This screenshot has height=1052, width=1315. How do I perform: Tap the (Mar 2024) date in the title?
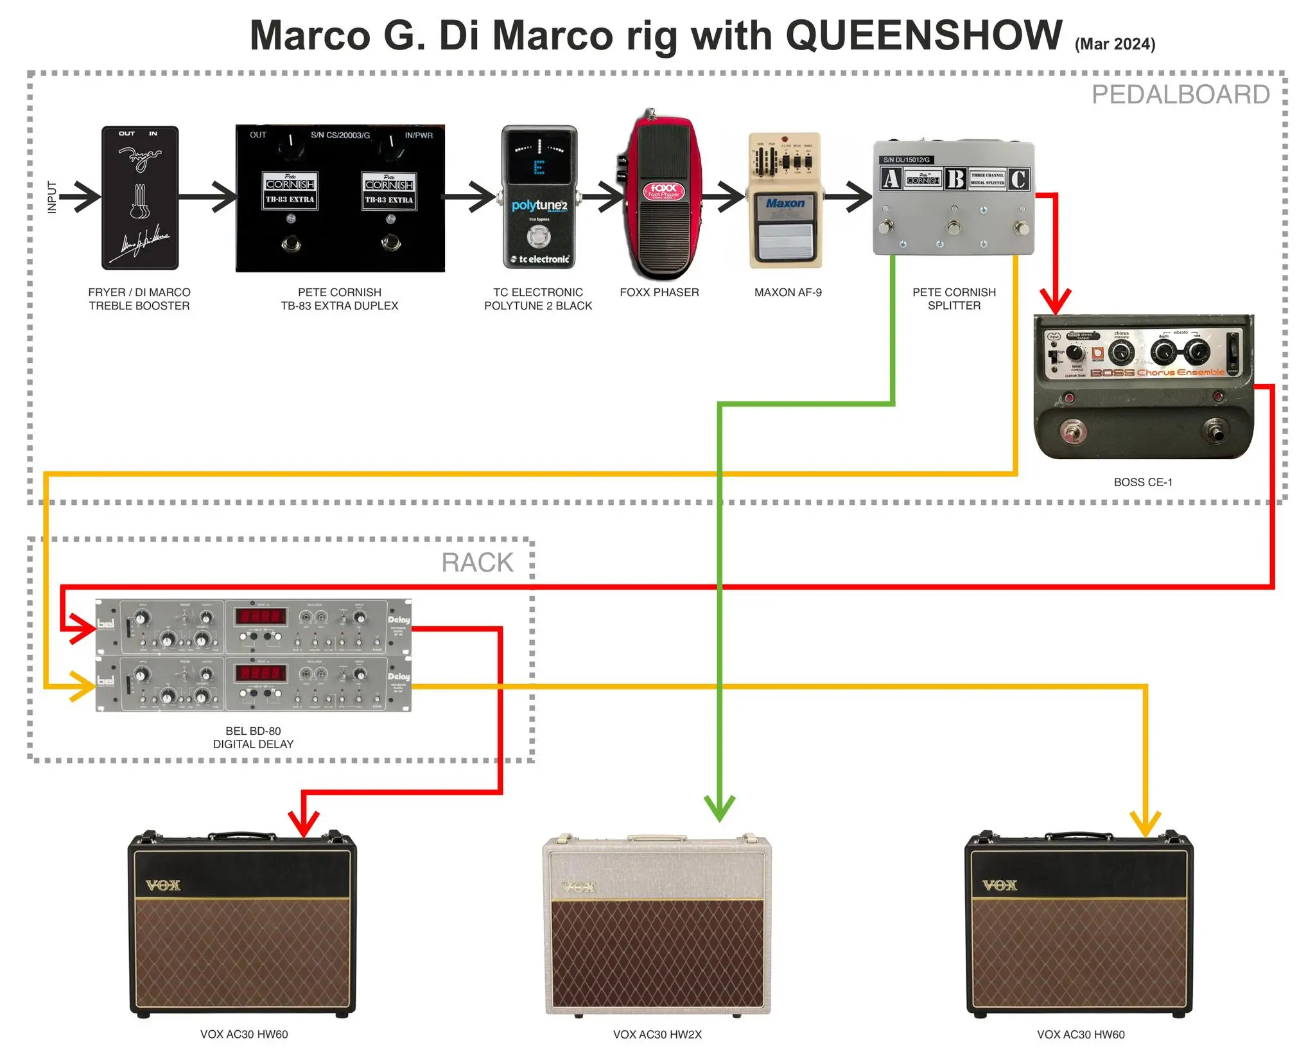click(x=1115, y=44)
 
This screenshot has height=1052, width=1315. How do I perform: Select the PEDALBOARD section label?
click(x=1180, y=94)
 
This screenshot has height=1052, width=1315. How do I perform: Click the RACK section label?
click(x=477, y=563)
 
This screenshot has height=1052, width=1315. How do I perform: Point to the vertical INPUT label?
click(x=52, y=197)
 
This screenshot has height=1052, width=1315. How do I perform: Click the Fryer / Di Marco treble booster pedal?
click(x=140, y=197)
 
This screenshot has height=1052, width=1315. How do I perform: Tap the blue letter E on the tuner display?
click(x=539, y=168)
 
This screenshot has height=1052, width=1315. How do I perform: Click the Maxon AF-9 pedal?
click(x=785, y=200)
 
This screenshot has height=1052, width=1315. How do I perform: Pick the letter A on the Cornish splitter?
click(x=891, y=179)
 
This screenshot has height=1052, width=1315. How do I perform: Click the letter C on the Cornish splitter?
click(x=1018, y=179)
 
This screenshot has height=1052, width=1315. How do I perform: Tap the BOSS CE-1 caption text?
click(x=1143, y=482)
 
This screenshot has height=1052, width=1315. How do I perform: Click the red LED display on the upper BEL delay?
click(x=260, y=617)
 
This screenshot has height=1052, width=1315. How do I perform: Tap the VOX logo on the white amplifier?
click(x=579, y=888)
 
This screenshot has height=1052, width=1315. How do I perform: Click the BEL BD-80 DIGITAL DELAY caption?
click(x=253, y=737)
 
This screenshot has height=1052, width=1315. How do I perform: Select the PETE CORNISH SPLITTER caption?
click(x=954, y=299)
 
